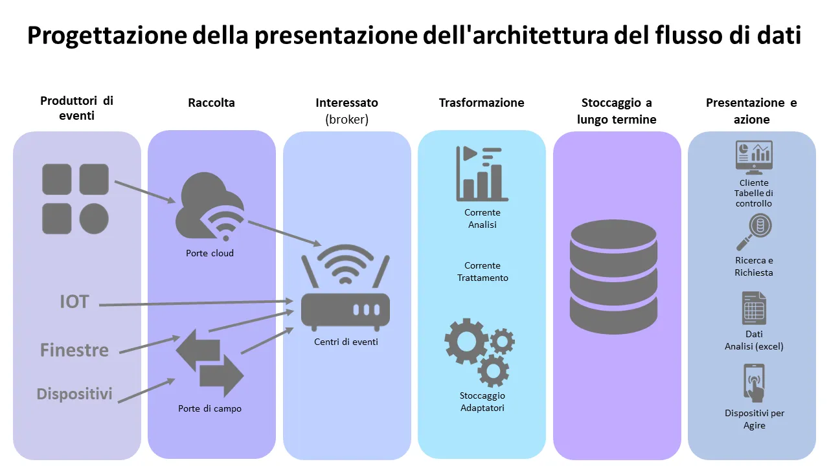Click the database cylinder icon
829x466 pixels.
pyautogui.click(x=613, y=276)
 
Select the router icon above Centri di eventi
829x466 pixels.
pyautogui.click(x=346, y=287)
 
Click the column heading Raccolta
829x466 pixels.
pyautogui.click(x=211, y=102)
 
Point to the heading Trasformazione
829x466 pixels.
pyautogui.click(x=481, y=102)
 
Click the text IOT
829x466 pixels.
pyautogui.click(x=74, y=302)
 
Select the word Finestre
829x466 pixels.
pyautogui.click(x=74, y=350)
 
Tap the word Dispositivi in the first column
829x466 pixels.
pyautogui.click(x=74, y=394)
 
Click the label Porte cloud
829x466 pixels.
pyautogui.click(x=210, y=253)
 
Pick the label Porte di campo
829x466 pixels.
pyautogui.click(x=210, y=408)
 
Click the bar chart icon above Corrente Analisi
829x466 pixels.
pyautogui.click(x=482, y=172)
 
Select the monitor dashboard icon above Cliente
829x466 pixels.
pyautogui.click(x=754, y=157)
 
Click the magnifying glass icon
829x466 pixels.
pyautogui.click(x=754, y=232)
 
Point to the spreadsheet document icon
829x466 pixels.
pyautogui.click(x=754, y=308)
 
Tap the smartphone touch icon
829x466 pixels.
pyautogui.click(x=754, y=383)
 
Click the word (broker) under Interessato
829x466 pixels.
pyautogui.click(x=346, y=120)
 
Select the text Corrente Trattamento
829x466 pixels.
pyautogui.click(x=483, y=272)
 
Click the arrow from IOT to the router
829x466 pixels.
pyautogui.click(x=194, y=303)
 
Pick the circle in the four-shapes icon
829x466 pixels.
pyautogui.click(x=93, y=218)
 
